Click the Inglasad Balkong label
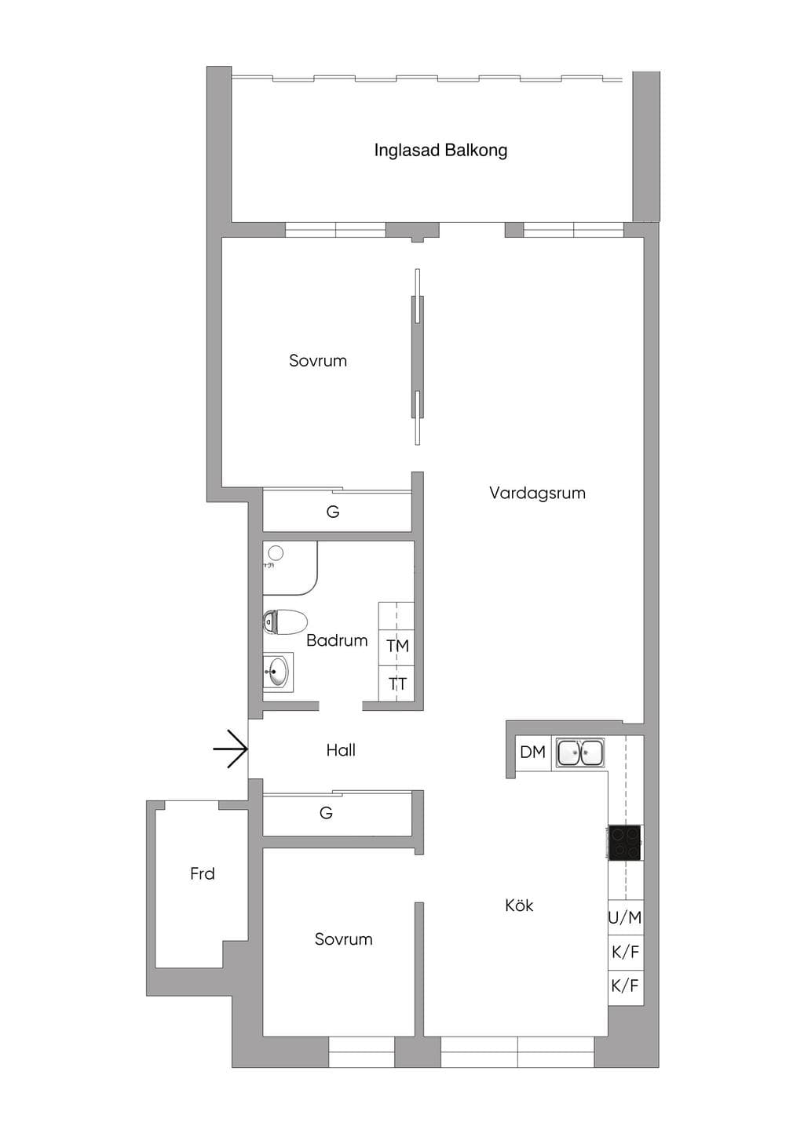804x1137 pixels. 440,151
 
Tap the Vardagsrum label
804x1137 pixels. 537,492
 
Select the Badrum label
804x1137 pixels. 337,640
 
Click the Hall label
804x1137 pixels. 341,750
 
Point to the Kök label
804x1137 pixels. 519,905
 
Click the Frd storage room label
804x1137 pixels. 202,873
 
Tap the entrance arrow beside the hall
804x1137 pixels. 230,749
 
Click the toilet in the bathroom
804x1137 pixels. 286,621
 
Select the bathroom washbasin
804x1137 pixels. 278,672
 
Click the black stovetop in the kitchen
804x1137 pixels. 625,843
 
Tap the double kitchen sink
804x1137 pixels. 580,753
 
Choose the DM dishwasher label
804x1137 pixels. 533,752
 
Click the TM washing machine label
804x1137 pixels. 398,646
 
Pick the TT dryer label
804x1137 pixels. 398,684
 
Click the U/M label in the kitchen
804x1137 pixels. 625,917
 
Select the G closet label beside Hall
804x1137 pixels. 326,813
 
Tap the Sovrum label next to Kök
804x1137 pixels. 343,938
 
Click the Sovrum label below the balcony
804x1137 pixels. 318,360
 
